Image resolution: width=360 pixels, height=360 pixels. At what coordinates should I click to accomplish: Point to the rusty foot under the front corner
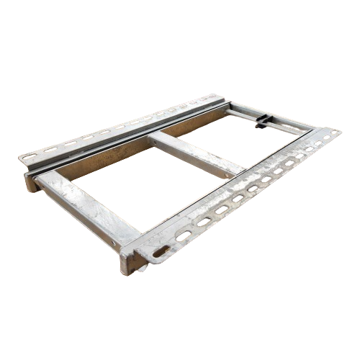132,262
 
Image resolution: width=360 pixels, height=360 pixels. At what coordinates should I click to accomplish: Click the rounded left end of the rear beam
30,183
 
